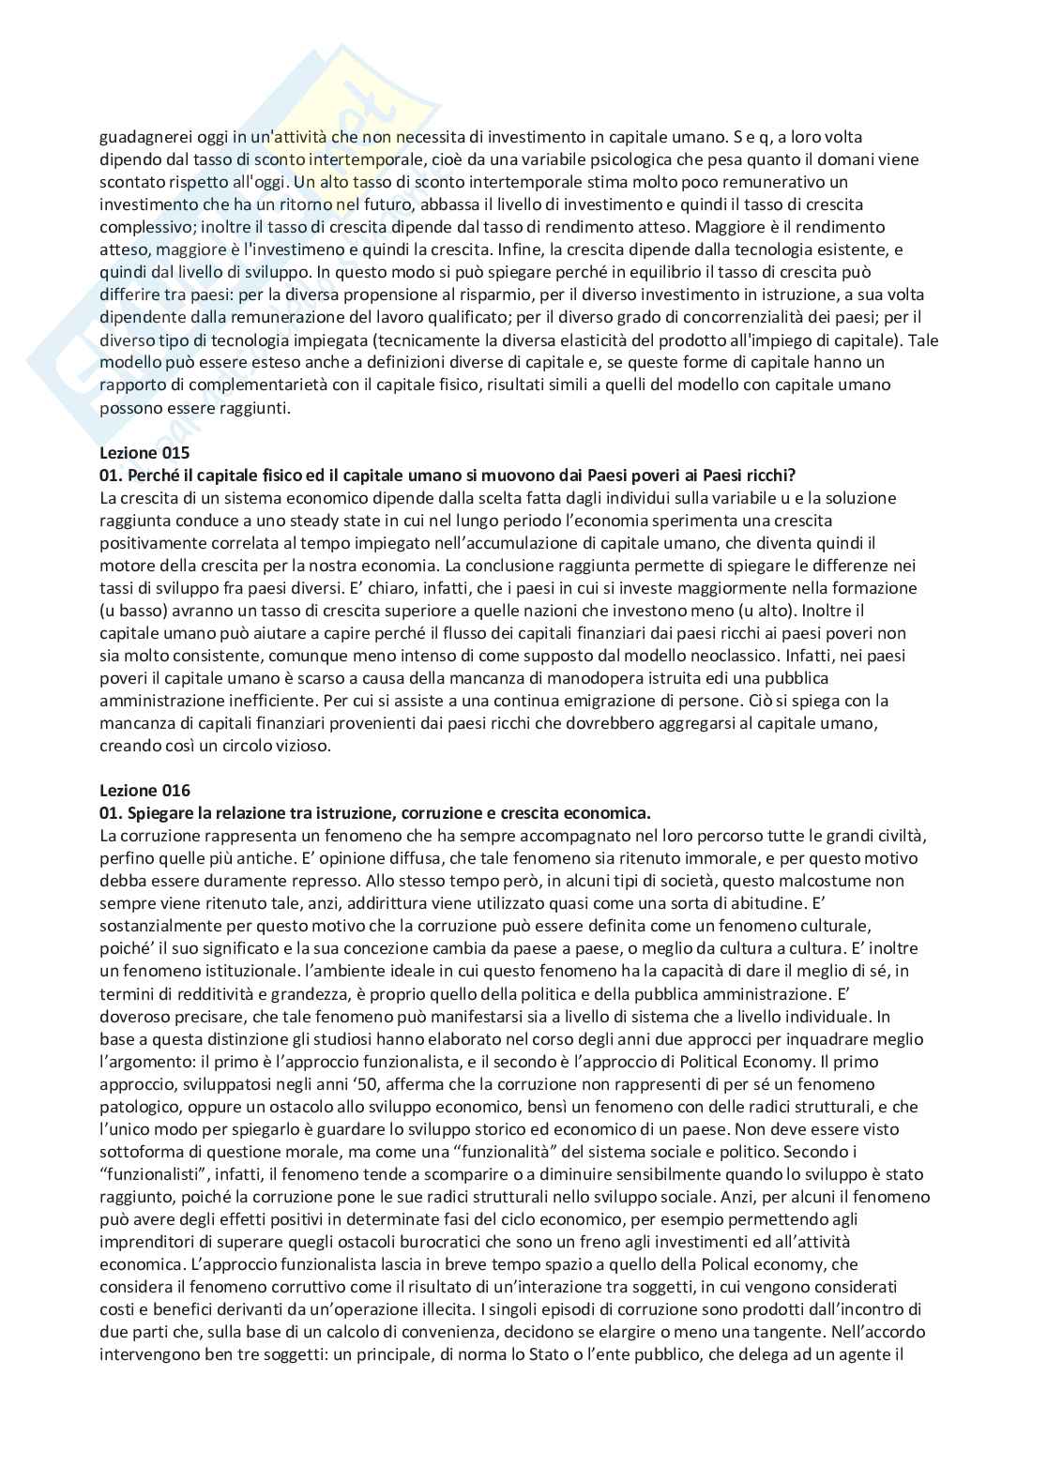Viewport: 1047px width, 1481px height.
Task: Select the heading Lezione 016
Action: click(144, 791)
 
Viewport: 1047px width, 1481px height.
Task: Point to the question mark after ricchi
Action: click(792, 476)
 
